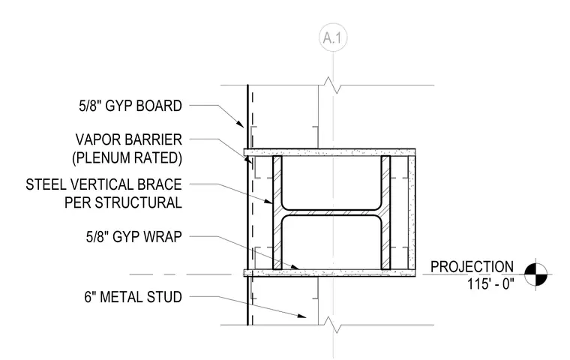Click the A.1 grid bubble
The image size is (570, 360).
click(333, 37)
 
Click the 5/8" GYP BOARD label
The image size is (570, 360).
click(130, 106)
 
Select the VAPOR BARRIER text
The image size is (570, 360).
click(129, 139)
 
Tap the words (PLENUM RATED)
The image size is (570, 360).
click(127, 158)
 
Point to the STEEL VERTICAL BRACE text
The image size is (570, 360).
click(104, 184)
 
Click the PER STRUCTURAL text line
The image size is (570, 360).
click(123, 202)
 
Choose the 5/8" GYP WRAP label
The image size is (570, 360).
click(133, 237)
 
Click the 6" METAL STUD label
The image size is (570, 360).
click(133, 297)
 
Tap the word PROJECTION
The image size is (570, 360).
click(472, 267)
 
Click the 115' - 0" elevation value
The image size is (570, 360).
click(490, 283)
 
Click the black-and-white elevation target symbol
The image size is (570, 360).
click(535, 274)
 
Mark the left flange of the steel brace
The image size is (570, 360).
click(277, 213)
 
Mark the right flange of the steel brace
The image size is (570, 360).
click(385, 213)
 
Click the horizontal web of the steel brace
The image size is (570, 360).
click(331, 213)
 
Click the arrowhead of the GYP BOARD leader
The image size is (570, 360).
click(240, 124)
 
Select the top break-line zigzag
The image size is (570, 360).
click(333, 85)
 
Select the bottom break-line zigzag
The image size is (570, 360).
click(333, 325)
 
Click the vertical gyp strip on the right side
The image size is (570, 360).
click(412, 213)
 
